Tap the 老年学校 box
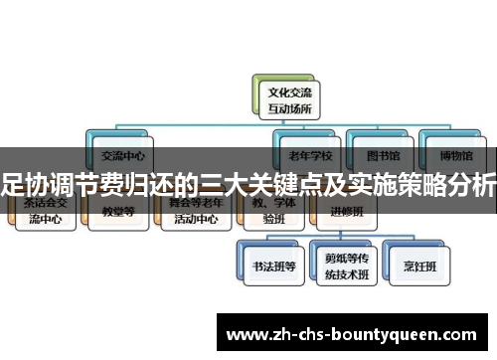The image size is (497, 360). coord(309,155)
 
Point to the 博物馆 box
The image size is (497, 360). coord(451,155)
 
